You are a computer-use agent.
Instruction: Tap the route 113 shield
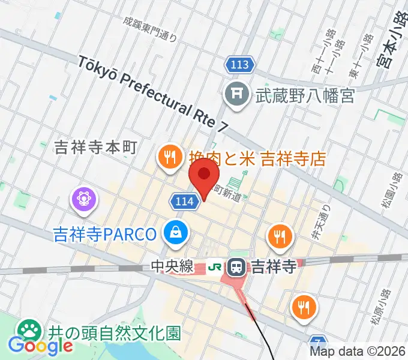click(x=240, y=64)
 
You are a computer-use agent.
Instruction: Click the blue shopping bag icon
click(x=176, y=232)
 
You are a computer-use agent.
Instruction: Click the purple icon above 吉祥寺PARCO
click(x=82, y=199)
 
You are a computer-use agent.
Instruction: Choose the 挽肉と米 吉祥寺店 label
click(x=256, y=158)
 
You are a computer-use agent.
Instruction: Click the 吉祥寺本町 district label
click(x=96, y=148)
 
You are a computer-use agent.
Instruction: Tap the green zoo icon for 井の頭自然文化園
click(x=28, y=329)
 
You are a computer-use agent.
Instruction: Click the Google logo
click(x=40, y=346)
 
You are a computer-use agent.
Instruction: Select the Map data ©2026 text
click(x=358, y=352)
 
